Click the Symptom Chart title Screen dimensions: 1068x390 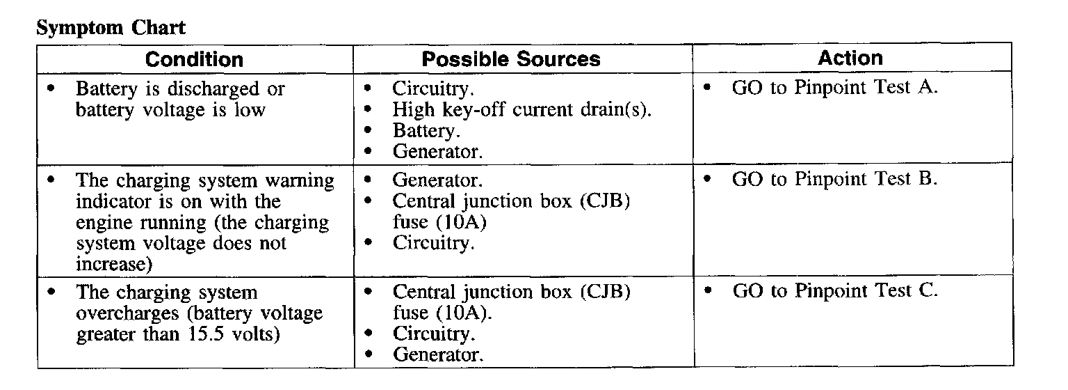pyautogui.click(x=111, y=28)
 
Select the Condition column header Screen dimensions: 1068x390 pyautogui.click(x=194, y=59)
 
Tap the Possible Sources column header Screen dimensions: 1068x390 pyautogui.click(x=511, y=59)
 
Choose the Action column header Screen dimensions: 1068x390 pyautogui.click(x=850, y=58)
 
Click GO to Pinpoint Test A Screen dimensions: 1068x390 pyautogui.click(x=835, y=88)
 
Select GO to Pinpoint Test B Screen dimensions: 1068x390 pyautogui.click(x=835, y=179)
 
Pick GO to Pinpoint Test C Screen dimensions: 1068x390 pyautogui.click(x=835, y=290)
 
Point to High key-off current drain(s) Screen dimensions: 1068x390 pyautogui.click(x=522, y=109)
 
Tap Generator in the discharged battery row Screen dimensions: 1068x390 pyautogui.click(x=437, y=151)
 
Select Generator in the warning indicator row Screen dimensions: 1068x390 pyautogui.click(x=437, y=180)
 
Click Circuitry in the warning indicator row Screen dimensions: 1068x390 pyautogui.click(x=434, y=243)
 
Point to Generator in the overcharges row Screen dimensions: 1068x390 pyautogui.click(x=437, y=354)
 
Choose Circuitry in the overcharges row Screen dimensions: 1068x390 pyautogui.click(x=434, y=334)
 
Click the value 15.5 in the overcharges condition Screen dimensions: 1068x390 pyautogui.click(x=206, y=334)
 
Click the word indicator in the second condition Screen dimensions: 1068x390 pyautogui.click(x=110, y=202)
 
